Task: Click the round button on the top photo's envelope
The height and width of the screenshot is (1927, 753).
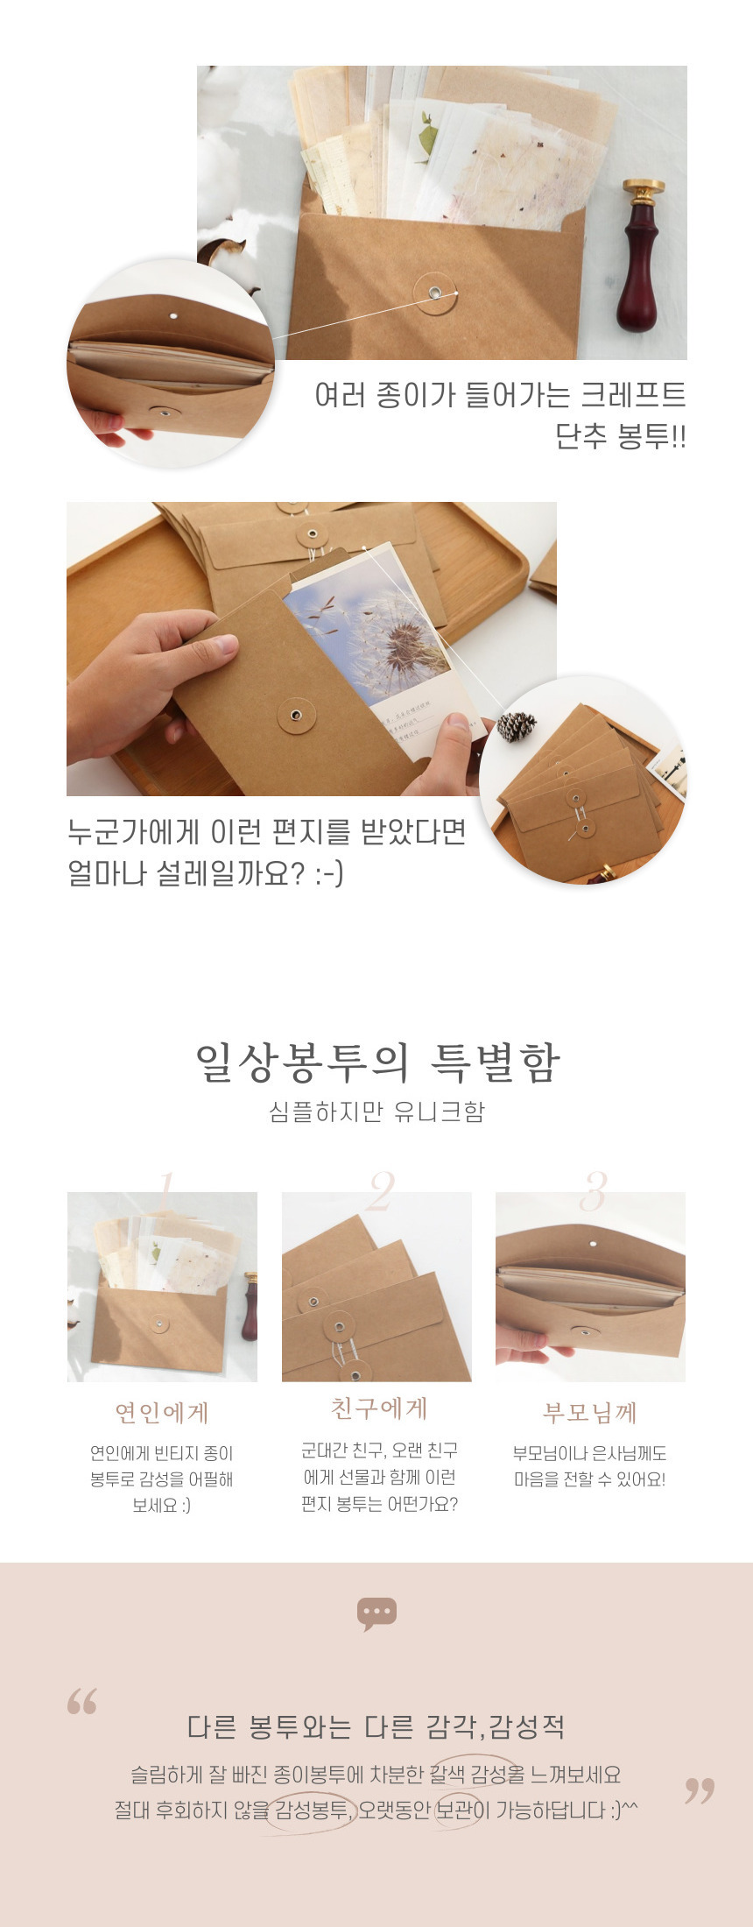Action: (435, 293)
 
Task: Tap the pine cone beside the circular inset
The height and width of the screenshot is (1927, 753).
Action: (517, 726)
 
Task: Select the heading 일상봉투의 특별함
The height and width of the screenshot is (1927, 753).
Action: (376, 1062)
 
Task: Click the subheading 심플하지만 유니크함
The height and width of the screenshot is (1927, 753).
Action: (376, 1112)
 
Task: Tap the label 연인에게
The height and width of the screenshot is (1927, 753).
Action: (162, 1413)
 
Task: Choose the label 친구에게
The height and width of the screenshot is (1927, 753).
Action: (378, 1408)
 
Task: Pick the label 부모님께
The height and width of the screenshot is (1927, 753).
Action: (589, 1413)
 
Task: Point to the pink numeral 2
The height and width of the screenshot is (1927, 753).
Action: (381, 1190)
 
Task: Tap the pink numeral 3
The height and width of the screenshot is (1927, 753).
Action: (594, 1190)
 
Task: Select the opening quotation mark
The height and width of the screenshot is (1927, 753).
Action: (81, 1701)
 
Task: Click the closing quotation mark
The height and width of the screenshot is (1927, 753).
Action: (700, 1791)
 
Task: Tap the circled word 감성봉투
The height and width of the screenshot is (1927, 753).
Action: (312, 1810)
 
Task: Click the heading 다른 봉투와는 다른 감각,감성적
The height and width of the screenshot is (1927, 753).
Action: (376, 1727)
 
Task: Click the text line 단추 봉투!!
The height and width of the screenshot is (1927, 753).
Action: (621, 436)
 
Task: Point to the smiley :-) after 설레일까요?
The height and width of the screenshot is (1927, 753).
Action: (329, 873)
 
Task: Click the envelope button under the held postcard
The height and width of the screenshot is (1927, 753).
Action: (297, 716)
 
